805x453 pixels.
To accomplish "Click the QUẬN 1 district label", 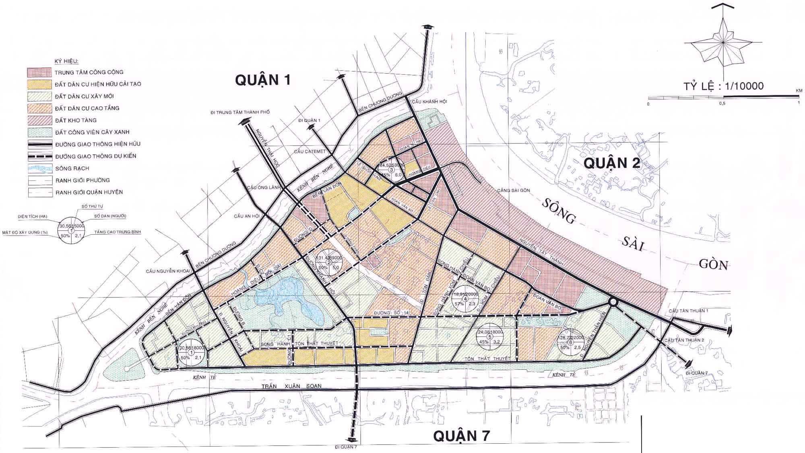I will point(262,80).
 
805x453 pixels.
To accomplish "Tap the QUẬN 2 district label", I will point(612,163).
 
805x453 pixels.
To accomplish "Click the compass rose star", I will point(723,42).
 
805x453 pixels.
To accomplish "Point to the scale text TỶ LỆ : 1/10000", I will point(723,86).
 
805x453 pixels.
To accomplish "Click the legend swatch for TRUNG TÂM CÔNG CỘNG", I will point(39,72).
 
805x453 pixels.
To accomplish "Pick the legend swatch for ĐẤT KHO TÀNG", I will point(39,120).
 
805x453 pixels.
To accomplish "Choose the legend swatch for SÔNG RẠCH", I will point(39,168).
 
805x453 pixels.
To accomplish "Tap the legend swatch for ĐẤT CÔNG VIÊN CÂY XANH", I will point(39,132).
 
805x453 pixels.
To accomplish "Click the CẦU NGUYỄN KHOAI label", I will point(168,271).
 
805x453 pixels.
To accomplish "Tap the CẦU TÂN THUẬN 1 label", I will point(688,311).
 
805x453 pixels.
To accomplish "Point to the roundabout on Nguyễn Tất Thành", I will point(613,302).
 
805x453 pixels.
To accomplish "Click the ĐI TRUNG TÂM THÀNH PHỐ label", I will point(240,112).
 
